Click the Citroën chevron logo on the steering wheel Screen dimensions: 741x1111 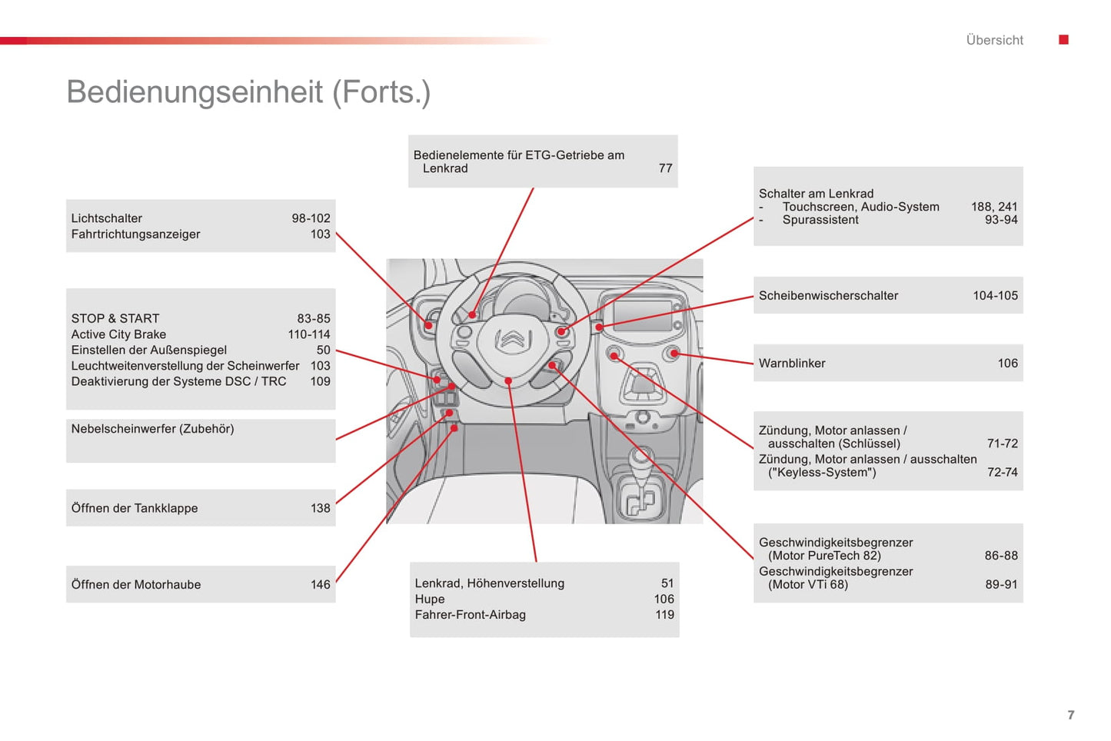coord(511,339)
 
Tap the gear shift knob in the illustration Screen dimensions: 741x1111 coord(640,458)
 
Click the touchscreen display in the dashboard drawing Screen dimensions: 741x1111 coord(642,316)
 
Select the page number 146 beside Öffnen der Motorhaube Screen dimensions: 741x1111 coord(320,585)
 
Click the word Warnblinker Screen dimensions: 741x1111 coord(792,364)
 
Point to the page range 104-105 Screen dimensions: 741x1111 coord(995,296)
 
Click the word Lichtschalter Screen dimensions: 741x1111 coord(107,218)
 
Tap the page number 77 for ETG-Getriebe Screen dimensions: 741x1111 coord(665,168)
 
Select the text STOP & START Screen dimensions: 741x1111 coord(115,318)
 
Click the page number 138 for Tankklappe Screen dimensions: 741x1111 coord(320,508)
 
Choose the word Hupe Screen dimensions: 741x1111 coord(430,600)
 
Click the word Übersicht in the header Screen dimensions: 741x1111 coord(994,40)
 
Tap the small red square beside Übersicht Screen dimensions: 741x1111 coord(1063,40)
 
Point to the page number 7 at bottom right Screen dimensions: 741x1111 coord(1070,715)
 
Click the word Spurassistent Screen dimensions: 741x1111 coord(820,220)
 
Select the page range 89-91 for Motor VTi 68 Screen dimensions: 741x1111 coord(1001,585)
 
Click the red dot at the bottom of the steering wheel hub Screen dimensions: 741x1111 coord(509,381)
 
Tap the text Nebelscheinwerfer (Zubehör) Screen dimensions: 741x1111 coord(152,429)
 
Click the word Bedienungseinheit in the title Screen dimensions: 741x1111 coord(195,92)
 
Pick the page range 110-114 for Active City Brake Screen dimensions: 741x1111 coord(308,334)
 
